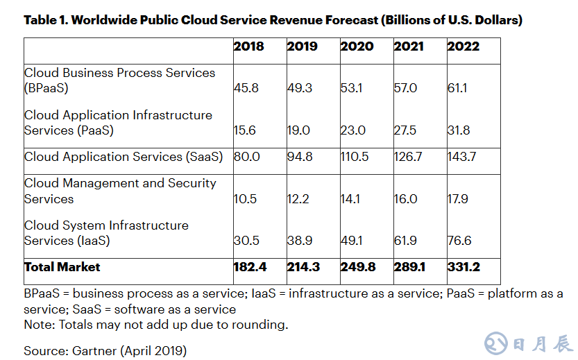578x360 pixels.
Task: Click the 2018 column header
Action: pos(248,46)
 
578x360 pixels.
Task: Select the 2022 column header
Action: pos(464,46)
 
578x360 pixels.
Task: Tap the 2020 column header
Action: pos(357,46)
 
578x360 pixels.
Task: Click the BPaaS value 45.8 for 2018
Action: pos(246,89)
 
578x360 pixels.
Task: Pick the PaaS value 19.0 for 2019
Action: pos(299,130)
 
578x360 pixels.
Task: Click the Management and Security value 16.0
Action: pos(406,199)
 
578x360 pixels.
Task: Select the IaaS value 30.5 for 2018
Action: pos(246,241)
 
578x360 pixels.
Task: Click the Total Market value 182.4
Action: pos(248,267)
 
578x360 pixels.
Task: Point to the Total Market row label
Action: pos(62,267)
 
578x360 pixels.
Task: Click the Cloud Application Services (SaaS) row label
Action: pos(124,157)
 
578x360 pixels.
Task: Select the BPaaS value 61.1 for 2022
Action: pos(459,89)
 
